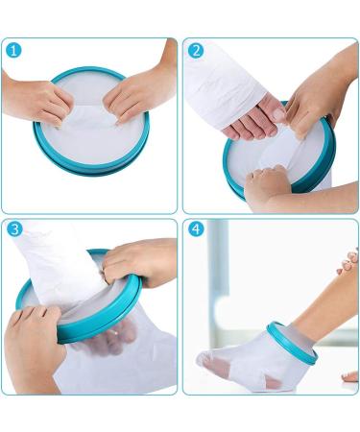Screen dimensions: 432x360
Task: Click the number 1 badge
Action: tap(13, 50)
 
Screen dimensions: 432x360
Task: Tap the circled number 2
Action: tap(196, 50)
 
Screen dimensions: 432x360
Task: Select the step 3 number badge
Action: tap(13, 230)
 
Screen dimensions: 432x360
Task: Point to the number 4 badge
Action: tap(196, 230)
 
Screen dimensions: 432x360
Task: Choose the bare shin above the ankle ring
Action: tap(317, 307)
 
